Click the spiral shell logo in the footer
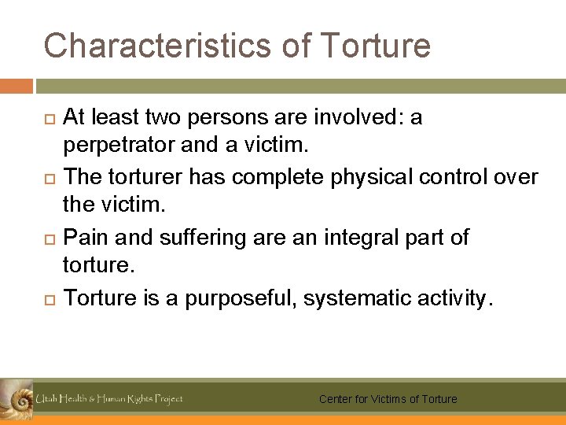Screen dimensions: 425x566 [x=17, y=397]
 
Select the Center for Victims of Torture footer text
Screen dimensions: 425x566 [x=388, y=399]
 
